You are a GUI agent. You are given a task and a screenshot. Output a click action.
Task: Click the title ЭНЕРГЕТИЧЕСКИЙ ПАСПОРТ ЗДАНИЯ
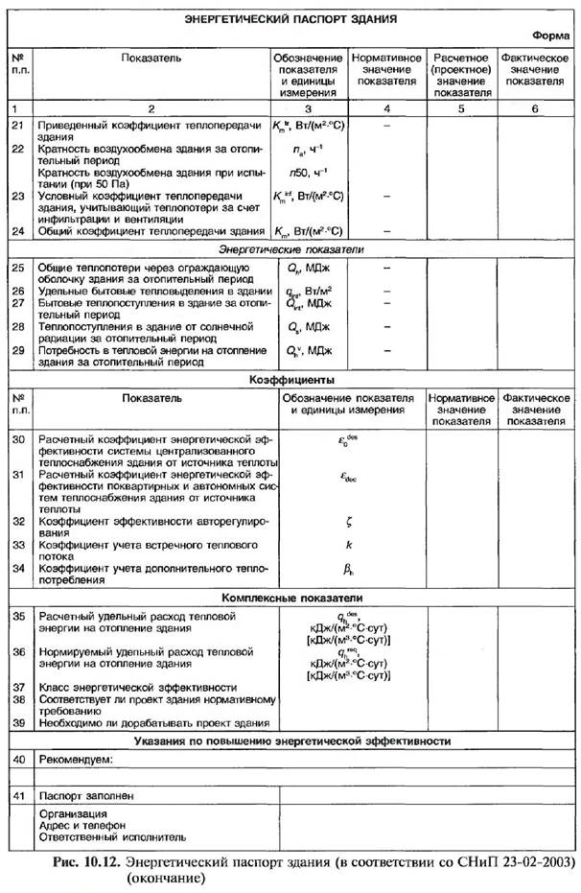coord(290,18)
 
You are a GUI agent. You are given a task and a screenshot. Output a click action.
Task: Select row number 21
coord(17,126)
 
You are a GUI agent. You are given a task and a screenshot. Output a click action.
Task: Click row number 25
coord(17,266)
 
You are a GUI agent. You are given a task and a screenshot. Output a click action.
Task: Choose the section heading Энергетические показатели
coord(290,249)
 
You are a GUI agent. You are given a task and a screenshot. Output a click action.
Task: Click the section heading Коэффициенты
coord(290,380)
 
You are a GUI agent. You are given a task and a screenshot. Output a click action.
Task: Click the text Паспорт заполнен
coord(85,796)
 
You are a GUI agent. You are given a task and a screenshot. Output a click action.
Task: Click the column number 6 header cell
coord(535,108)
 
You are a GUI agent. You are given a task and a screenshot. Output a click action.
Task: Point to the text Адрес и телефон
coord(81,826)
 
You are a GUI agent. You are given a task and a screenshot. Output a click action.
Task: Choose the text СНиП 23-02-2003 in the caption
coord(522,860)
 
